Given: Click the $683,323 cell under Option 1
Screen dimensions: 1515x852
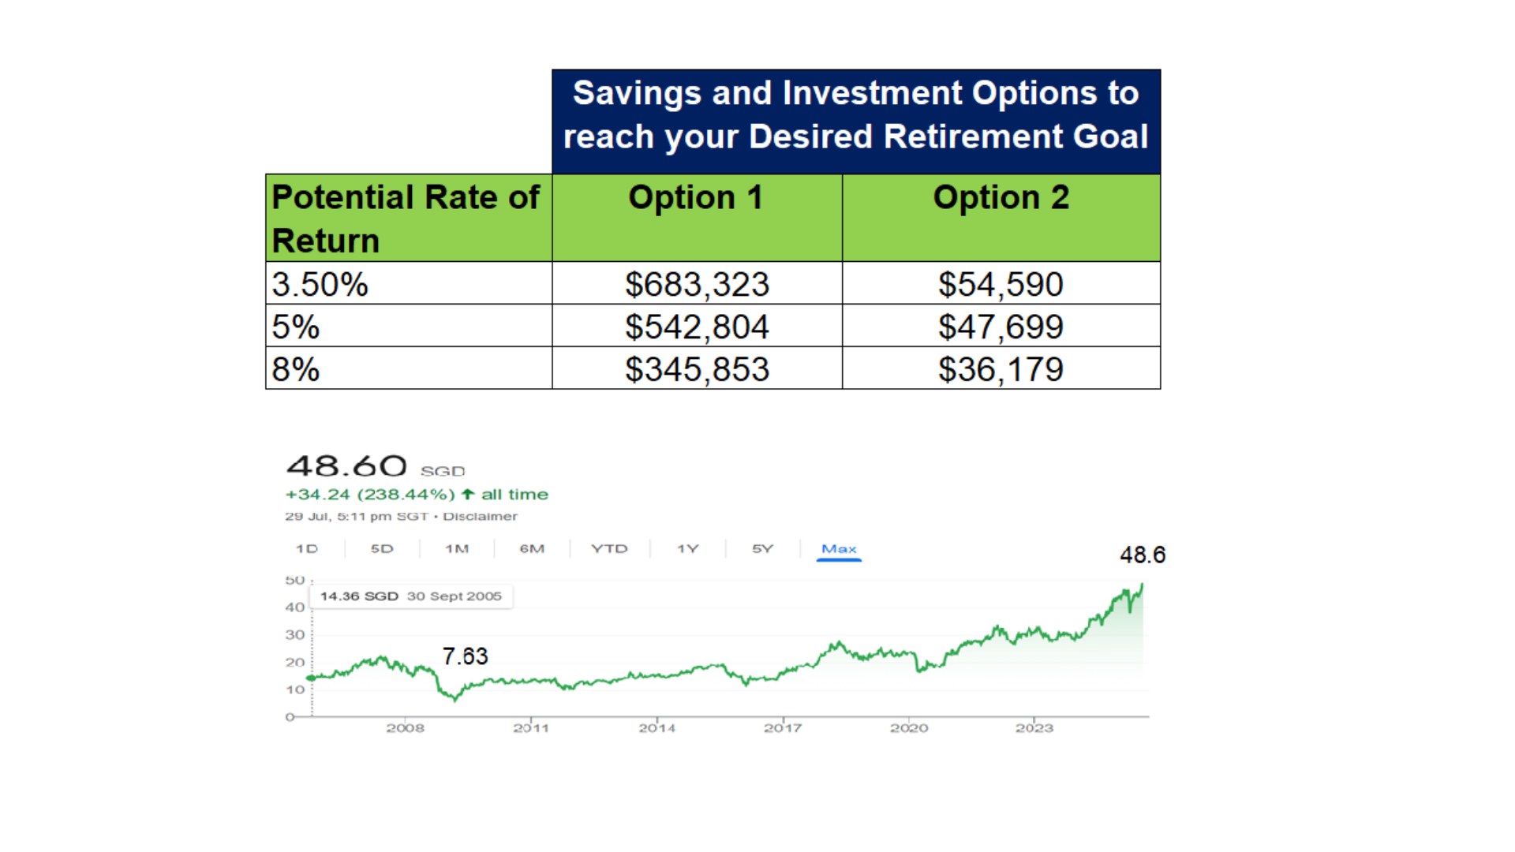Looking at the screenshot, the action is tap(697, 284).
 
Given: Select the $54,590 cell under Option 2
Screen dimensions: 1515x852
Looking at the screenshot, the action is tap(1001, 284).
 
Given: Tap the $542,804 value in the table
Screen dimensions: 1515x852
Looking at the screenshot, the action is tap(697, 327).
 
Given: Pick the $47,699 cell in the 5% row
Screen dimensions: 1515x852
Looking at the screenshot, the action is tap(1001, 327).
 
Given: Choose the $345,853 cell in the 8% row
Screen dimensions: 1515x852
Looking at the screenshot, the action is tap(697, 369).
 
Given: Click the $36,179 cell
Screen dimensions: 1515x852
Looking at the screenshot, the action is tap(1001, 369).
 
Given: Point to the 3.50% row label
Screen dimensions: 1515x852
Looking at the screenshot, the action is tap(320, 284).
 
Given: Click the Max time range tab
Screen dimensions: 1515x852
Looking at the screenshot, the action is tap(839, 549).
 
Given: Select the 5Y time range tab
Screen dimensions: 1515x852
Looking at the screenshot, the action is tap(762, 549).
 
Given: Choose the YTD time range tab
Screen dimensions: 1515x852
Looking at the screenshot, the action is tap(609, 549).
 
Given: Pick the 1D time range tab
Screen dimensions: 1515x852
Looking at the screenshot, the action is tap(307, 549).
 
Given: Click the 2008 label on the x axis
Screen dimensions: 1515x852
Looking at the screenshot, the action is tap(405, 727).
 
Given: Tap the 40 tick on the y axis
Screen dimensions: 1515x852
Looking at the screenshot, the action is tap(295, 607).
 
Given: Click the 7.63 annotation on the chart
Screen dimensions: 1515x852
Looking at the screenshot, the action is tap(465, 656).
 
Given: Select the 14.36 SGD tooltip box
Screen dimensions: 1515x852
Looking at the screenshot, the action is tap(411, 596).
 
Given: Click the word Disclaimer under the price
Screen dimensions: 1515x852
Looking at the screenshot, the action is tap(480, 517).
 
